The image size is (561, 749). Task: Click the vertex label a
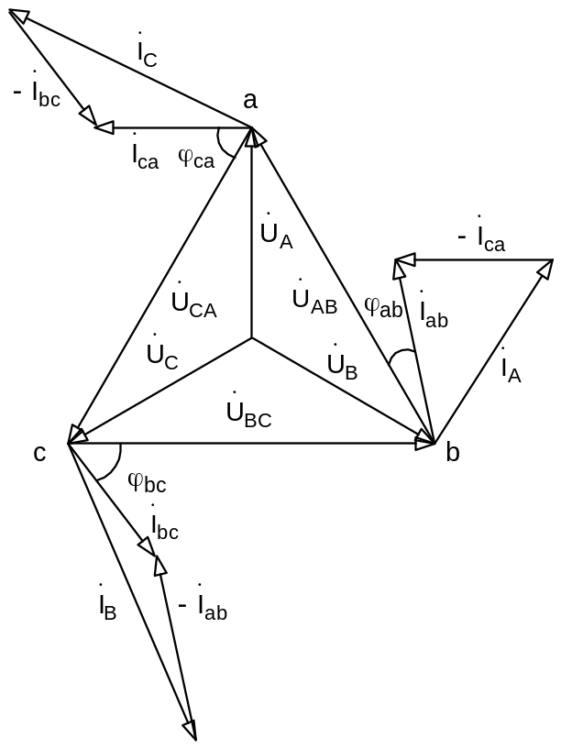(250, 101)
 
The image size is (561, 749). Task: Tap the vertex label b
(453, 453)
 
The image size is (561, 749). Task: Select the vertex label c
(40, 452)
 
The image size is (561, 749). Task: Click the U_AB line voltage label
(314, 301)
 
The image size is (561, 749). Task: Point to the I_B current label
(107, 606)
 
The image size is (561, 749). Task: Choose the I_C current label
(148, 53)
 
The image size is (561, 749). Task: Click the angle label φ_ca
(196, 160)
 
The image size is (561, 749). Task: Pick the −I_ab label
(203, 608)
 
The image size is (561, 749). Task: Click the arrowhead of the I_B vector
(191, 731)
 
